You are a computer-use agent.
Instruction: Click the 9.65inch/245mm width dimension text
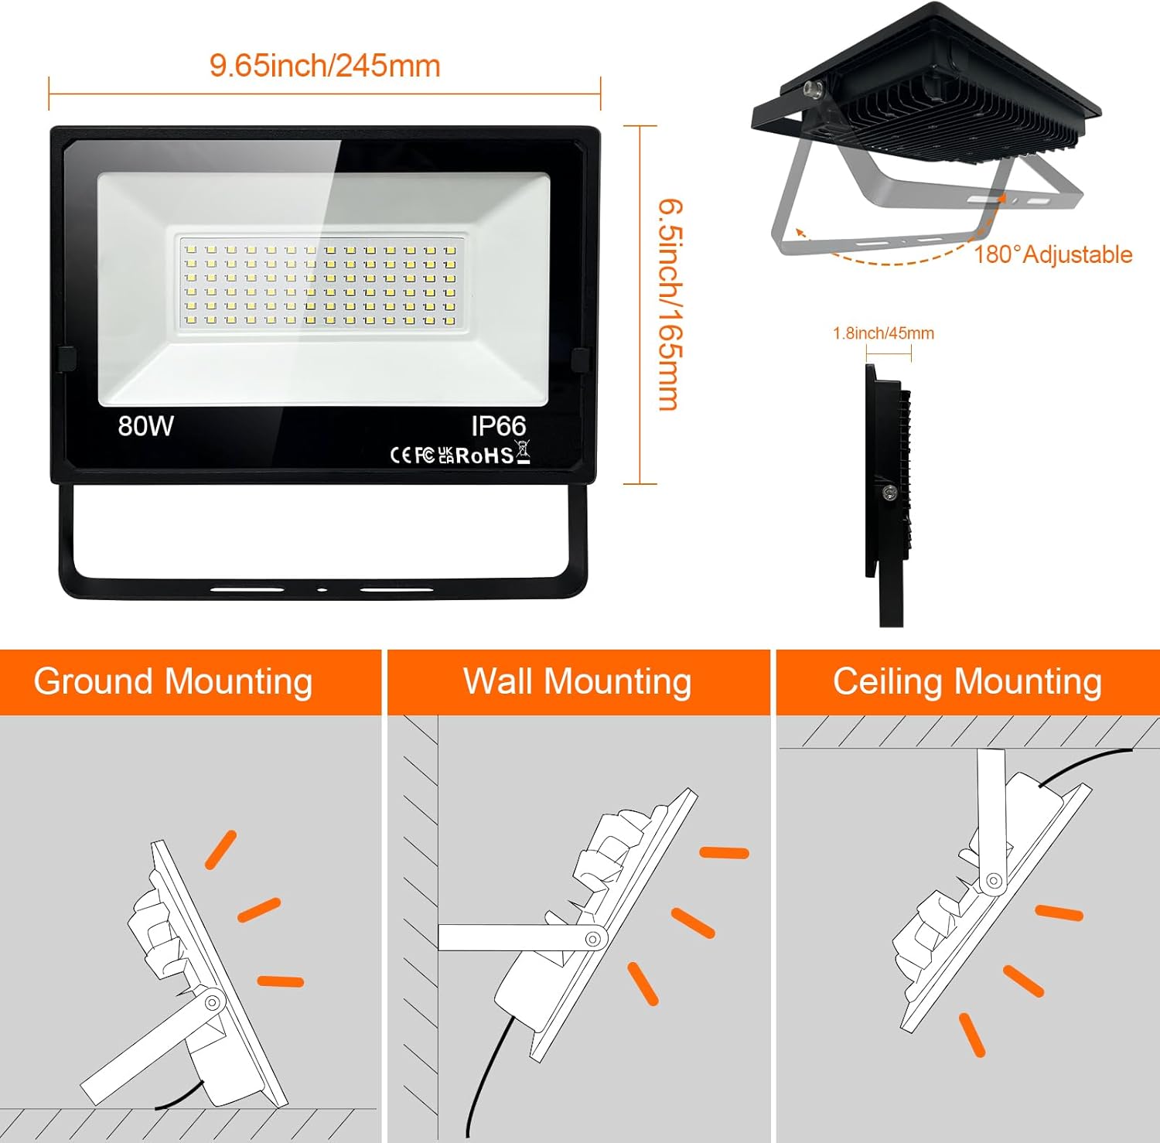(x=325, y=66)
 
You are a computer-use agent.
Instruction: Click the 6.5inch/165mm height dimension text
(x=669, y=305)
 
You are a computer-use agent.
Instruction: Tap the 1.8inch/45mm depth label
(x=883, y=333)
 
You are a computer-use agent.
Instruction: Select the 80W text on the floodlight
(x=145, y=426)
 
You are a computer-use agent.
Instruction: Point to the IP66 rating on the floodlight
(x=499, y=426)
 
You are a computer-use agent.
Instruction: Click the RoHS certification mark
(x=485, y=455)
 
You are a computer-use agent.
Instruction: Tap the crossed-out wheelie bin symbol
(x=523, y=451)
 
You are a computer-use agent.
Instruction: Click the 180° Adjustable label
(x=1053, y=254)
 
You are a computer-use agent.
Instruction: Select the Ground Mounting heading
(x=173, y=682)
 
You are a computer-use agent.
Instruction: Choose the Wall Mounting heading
(x=577, y=682)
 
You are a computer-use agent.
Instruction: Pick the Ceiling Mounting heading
(x=967, y=682)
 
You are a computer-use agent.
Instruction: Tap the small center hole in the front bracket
(x=322, y=590)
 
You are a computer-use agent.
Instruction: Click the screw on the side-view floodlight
(x=890, y=492)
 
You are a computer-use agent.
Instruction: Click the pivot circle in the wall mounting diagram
(x=593, y=939)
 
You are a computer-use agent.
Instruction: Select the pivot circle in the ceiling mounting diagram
(x=993, y=881)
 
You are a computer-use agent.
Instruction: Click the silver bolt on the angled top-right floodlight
(x=815, y=90)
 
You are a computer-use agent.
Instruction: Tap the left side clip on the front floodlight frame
(x=66, y=360)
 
